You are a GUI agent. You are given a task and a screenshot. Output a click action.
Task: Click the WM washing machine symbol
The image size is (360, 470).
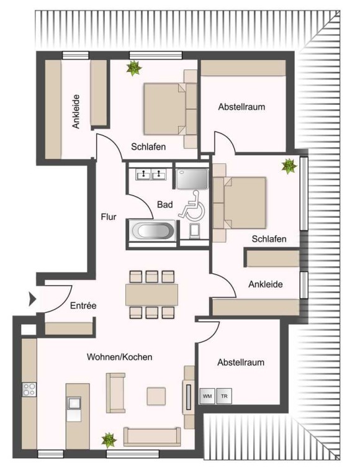207,396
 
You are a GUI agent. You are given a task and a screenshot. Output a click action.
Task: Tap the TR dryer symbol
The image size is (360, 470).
224,396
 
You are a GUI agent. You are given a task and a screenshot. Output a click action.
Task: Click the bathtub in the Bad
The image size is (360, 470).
152,231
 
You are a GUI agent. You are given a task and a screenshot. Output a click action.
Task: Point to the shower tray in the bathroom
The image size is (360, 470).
192,179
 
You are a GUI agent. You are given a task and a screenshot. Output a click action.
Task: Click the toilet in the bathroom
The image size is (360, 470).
195,231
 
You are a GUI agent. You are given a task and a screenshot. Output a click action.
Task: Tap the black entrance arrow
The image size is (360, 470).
32,299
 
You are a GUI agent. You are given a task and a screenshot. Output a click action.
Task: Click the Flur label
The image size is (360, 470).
109,217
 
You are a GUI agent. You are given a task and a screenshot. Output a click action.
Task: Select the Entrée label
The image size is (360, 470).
83,305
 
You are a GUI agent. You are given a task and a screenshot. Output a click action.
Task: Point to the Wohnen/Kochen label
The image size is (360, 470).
120,357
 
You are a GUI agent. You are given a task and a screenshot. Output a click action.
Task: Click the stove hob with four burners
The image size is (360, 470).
29,389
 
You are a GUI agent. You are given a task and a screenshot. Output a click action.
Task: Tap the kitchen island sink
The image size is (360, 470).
74,403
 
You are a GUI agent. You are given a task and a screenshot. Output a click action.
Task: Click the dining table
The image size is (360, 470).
151,294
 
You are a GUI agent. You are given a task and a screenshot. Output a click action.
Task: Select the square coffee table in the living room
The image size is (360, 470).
156,396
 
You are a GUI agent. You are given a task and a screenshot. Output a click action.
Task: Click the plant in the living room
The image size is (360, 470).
109,440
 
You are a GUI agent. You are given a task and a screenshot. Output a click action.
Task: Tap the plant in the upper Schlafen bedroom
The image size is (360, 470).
133,68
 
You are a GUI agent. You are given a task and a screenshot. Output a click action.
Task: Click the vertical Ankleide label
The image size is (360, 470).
76,112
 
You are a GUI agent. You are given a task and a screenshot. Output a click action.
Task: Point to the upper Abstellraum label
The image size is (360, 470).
241,107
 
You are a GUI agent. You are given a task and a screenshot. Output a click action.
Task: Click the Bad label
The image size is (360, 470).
165,205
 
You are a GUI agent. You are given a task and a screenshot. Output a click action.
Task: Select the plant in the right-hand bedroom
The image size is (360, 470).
289,166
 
